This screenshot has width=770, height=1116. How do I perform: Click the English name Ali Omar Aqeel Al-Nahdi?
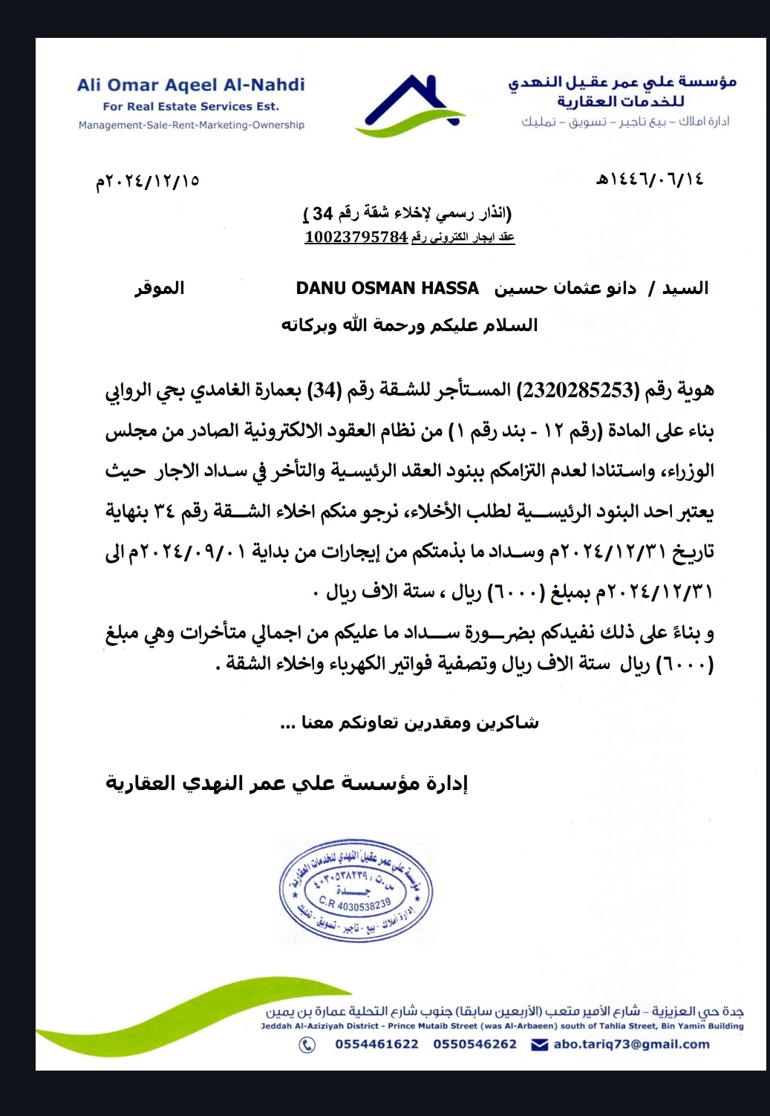(191, 85)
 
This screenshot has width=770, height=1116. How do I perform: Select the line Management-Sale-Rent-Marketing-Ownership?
(192, 125)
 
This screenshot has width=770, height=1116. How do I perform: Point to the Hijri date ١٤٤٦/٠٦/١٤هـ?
(650, 180)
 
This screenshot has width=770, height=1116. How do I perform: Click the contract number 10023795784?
(356, 237)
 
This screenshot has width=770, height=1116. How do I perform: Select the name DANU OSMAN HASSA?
(387, 288)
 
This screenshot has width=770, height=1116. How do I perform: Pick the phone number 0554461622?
(376, 1044)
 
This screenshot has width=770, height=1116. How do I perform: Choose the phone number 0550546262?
(474, 1044)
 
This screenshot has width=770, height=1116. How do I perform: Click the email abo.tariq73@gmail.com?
(631, 1044)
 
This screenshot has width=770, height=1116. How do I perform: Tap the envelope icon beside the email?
(539, 1045)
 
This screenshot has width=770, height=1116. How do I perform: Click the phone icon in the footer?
(307, 1045)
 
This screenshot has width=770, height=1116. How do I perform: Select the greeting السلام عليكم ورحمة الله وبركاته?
(409, 325)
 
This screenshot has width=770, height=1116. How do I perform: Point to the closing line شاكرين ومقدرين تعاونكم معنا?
(410, 723)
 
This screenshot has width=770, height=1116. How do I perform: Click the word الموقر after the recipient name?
(159, 288)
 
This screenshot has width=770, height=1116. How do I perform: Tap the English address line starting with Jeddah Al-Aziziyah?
(502, 1026)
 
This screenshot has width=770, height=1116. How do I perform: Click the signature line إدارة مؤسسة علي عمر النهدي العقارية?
(287, 784)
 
